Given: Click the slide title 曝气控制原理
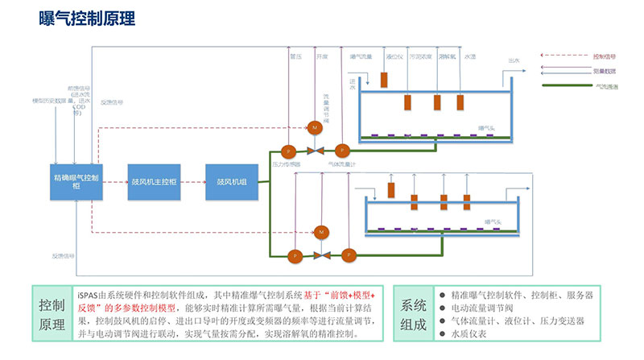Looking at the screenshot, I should click(x=86, y=19).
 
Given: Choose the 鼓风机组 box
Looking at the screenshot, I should click(x=231, y=181).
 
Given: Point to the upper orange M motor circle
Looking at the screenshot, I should click(x=314, y=129).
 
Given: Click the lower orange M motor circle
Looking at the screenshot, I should click(x=321, y=232).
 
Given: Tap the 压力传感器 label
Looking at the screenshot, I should click(x=286, y=164).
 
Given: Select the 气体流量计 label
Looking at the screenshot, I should click(x=342, y=164).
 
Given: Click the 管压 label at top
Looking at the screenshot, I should click(x=295, y=57).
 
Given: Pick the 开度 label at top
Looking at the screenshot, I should click(x=322, y=57).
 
